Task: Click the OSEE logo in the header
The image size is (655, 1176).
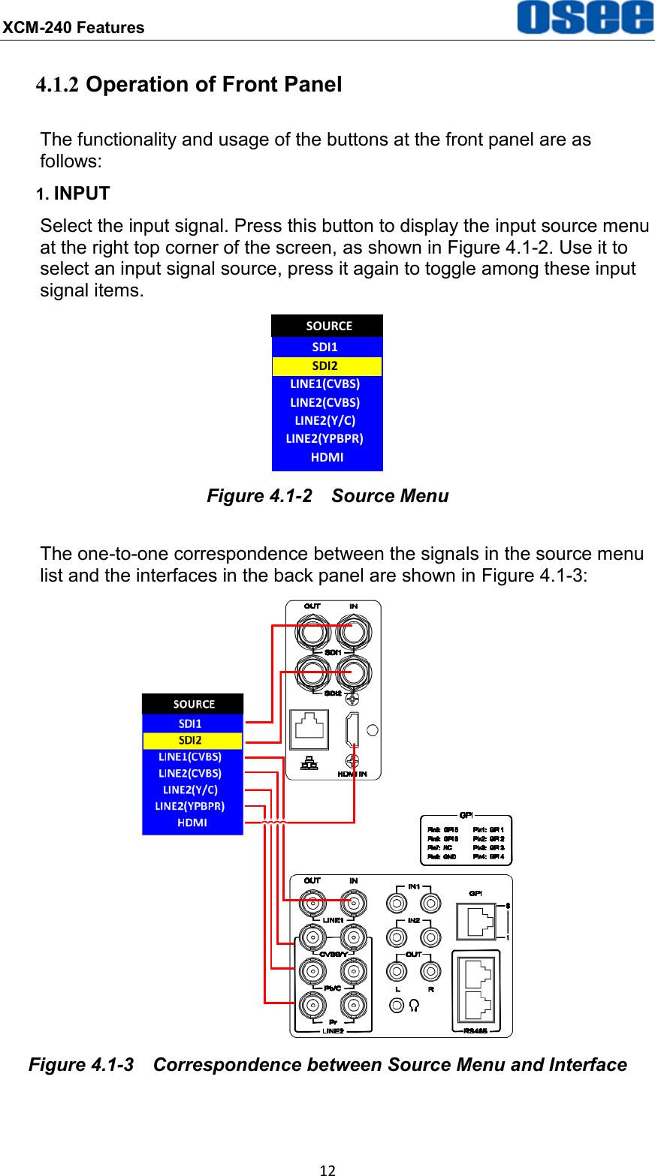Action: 584,18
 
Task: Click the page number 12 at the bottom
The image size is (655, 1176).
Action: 327,1169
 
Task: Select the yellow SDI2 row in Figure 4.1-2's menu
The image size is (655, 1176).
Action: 327,365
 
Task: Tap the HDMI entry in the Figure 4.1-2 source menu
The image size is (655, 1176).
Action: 327,457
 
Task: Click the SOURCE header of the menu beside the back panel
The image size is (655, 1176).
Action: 193,704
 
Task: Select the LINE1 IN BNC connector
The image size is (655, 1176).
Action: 352,901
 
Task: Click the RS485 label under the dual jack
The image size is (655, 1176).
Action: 475,1030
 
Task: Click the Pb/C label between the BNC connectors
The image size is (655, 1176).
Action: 331,988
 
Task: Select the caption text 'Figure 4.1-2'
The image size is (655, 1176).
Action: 259,496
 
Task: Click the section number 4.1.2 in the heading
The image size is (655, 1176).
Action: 58,85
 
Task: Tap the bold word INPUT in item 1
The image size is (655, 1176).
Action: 82,194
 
